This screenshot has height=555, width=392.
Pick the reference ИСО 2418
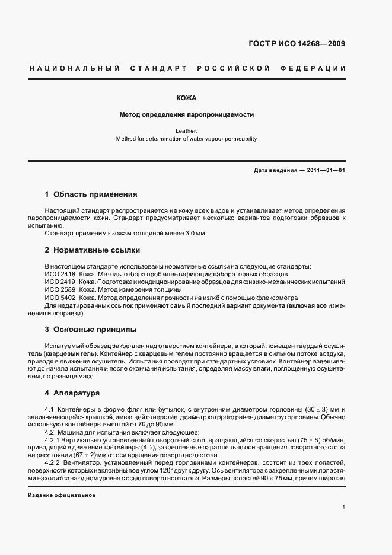click(60, 275)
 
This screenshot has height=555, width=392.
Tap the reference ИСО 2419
click(60, 282)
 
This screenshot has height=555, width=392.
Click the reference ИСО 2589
click(60, 290)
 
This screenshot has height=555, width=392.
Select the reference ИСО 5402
click(60, 298)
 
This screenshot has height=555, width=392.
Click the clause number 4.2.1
click(53, 440)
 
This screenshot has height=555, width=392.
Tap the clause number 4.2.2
click(53, 463)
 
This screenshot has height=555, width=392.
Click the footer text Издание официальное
click(62, 495)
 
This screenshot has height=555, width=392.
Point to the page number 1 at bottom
click(344, 507)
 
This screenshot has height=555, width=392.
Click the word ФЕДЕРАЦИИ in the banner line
click(318, 68)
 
